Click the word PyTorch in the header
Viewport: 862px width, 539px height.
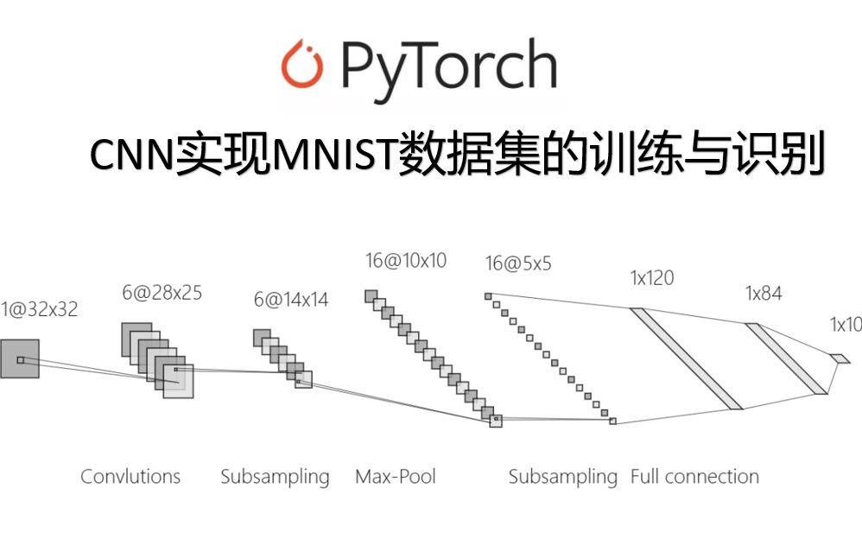point(447,66)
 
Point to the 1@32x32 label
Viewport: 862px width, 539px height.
point(40,309)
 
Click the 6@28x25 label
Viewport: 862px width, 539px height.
point(162,293)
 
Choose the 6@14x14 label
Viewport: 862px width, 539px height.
point(291,300)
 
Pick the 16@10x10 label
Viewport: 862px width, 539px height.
point(406,260)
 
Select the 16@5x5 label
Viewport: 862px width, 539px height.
point(518,264)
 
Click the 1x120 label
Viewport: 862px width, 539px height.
point(652,278)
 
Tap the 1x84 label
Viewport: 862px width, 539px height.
point(764,294)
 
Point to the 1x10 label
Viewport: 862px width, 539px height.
point(846,326)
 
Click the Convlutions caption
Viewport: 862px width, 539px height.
point(130,476)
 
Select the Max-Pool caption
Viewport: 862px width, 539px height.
point(396,476)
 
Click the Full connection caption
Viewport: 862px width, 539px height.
point(694,476)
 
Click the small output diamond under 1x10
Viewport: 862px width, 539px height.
point(840,358)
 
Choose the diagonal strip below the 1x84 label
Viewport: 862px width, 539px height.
point(786,358)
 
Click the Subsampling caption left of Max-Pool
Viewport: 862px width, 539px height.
point(275,477)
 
